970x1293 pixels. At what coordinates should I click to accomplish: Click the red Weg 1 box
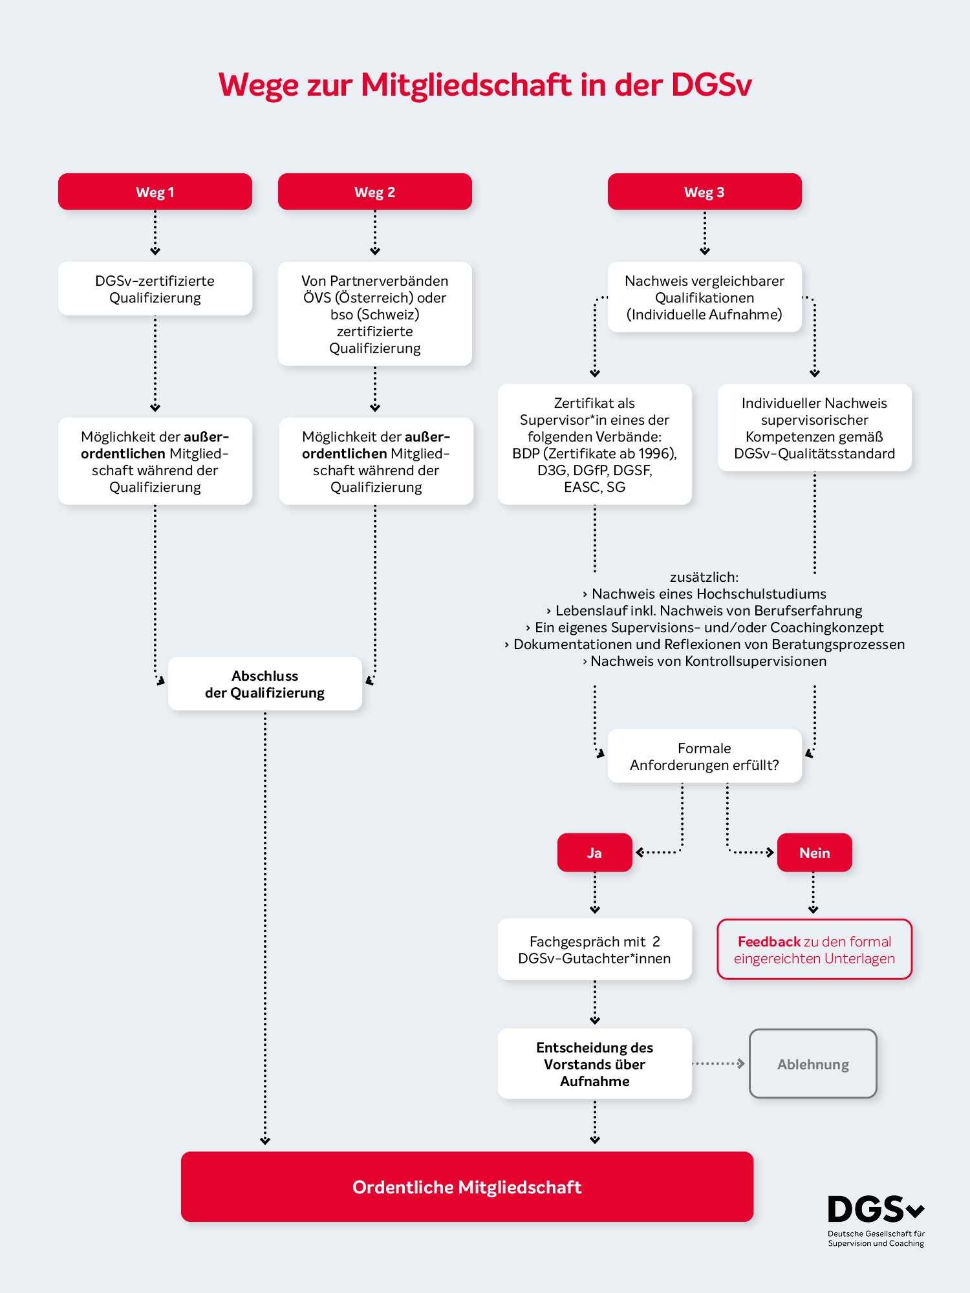click(x=155, y=191)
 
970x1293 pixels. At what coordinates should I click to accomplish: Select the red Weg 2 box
click(x=375, y=191)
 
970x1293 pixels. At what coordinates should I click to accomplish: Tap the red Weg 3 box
click(x=705, y=191)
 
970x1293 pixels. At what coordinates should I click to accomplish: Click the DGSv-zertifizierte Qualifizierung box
click(x=155, y=288)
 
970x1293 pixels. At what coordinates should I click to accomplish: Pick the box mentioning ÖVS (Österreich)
click(x=375, y=314)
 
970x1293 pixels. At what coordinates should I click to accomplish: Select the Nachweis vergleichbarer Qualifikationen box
click(x=705, y=297)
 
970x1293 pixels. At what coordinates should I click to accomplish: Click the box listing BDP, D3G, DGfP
click(x=595, y=444)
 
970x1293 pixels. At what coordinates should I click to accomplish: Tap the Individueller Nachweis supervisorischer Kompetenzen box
click(x=815, y=427)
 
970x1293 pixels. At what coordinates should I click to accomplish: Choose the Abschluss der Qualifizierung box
click(x=265, y=683)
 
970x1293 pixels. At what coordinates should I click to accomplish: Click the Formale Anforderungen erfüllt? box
click(x=705, y=756)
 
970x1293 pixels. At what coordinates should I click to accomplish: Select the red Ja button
click(x=595, y=853)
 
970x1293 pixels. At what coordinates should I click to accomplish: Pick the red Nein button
click(x=815, y=853)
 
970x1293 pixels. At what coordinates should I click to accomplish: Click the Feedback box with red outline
click(x=815, y=949)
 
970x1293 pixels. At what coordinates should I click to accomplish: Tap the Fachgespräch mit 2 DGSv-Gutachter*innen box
click(x=595, y=949)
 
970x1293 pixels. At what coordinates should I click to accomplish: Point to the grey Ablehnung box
click(x=813, y=1063)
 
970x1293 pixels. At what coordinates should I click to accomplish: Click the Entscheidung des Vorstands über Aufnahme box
click(x=595, y=1063)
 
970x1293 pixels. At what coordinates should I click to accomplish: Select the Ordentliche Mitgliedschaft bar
click(x=468, y=1186)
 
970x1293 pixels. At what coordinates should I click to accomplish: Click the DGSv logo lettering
click(x=876, y=1210)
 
